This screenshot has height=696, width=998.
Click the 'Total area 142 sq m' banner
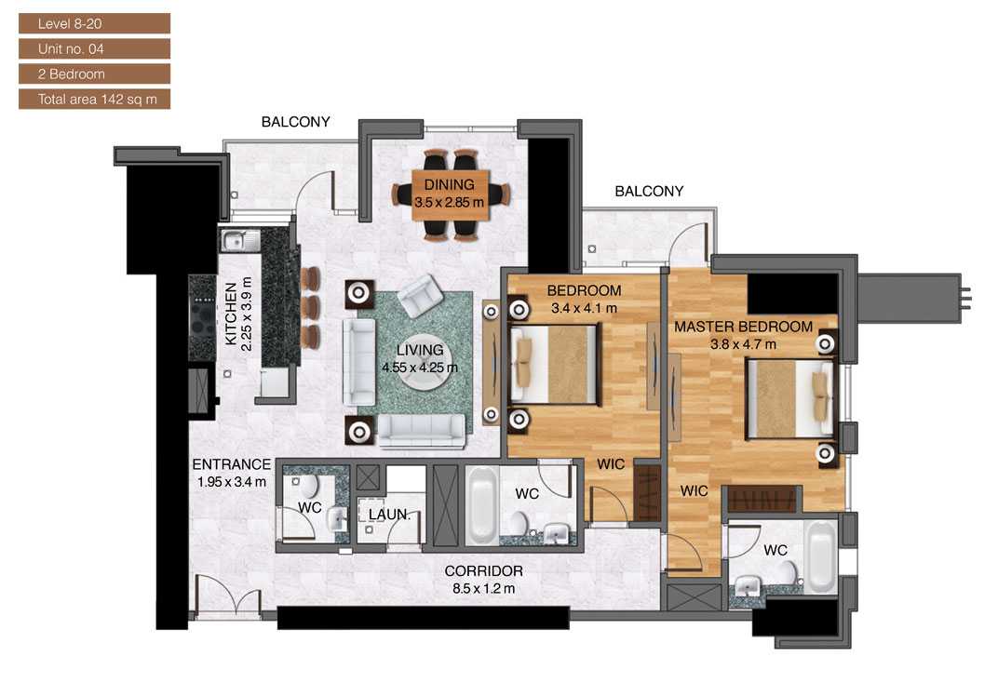coord(94,99)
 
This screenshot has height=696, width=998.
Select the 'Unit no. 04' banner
coord(94,48)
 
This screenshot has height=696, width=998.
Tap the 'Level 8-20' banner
coord(94,23)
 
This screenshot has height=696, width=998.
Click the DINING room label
coord(450,184)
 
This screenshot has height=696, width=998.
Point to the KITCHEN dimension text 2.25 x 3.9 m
coord(246,313)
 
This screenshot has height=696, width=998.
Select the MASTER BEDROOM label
coord(743,328)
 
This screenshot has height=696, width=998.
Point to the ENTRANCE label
coord(231,464)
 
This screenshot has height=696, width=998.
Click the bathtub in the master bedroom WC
coord(820,556)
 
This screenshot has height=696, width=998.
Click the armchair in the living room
coord(420,295)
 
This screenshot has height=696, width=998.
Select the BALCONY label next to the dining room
coord(295,122)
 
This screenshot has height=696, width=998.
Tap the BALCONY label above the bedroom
coord(649,192)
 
